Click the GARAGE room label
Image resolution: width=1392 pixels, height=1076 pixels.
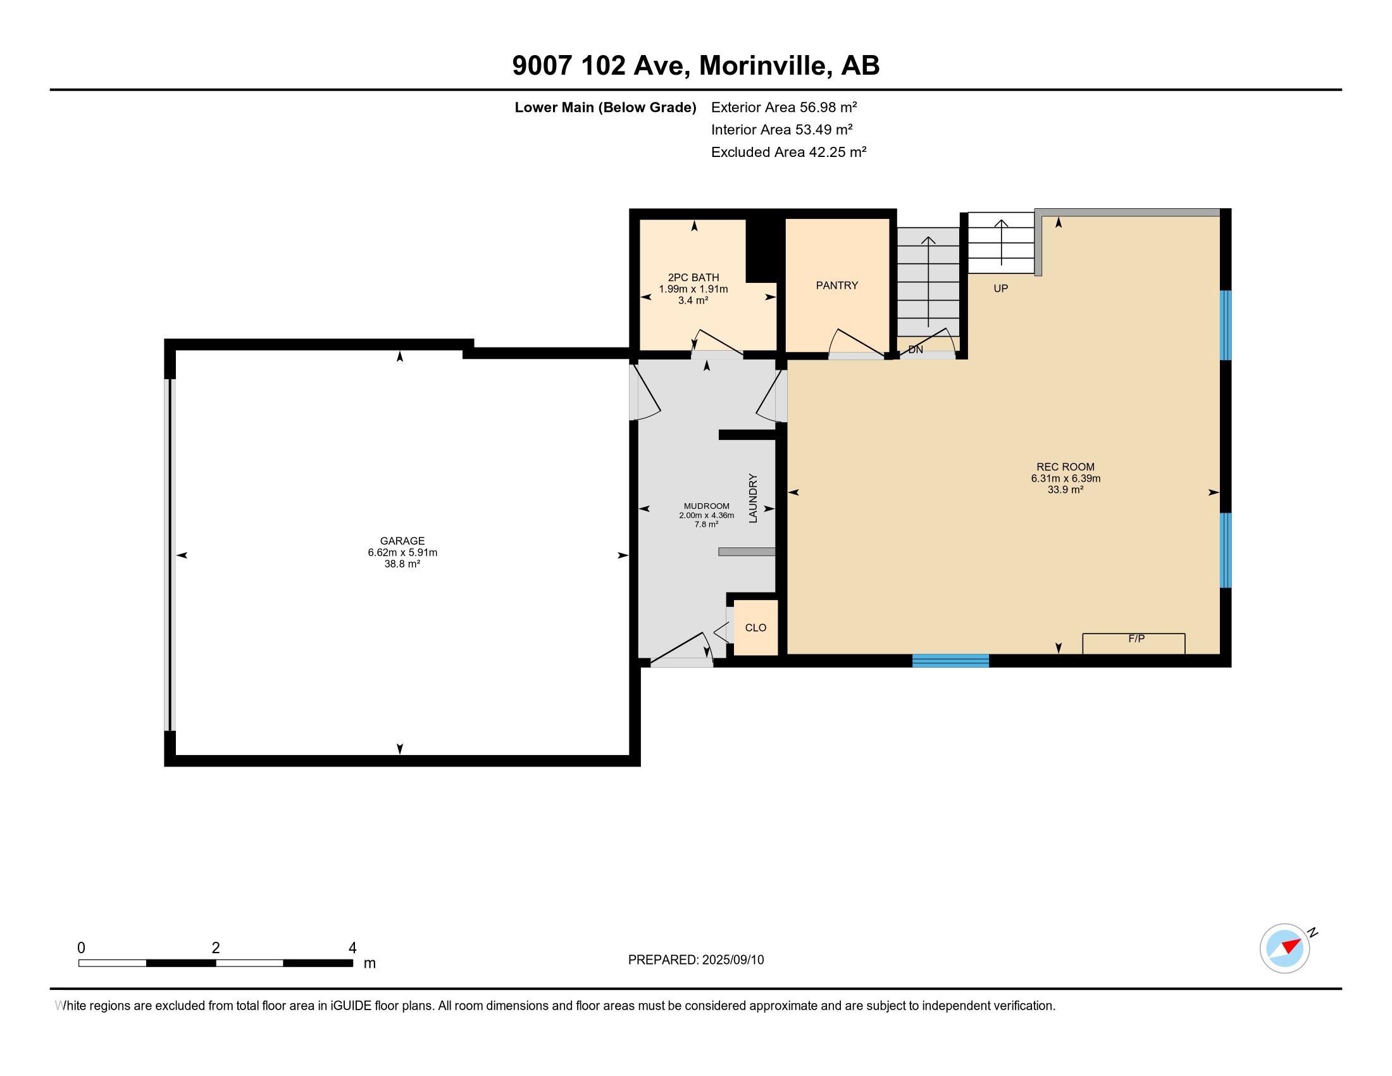[402, 541]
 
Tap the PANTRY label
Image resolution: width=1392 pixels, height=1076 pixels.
[837, 285]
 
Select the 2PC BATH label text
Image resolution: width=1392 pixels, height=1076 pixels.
[693, 277]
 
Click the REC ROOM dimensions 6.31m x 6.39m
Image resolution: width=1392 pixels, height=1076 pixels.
[1066, 479]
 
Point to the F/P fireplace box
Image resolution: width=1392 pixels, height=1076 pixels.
[1134, 643]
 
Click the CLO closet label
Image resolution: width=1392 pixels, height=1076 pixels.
[755, 628]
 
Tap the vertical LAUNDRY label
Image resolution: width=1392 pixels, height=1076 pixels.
[753, 498]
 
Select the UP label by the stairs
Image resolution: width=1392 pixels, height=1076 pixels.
[1001, 289]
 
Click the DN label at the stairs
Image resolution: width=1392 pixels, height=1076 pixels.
[916, 350]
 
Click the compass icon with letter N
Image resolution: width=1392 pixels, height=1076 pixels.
[1285, 949]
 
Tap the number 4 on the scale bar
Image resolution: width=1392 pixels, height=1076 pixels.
[352, 948]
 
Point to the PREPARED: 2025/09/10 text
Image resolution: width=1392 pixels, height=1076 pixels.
[695, 960]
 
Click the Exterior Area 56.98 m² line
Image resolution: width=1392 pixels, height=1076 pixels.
[783, 107]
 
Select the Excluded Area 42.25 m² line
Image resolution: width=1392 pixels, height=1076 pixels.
[788, 152]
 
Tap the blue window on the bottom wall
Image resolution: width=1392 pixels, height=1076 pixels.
[950, 660]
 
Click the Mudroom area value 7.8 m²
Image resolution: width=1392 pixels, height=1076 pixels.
[706, 525]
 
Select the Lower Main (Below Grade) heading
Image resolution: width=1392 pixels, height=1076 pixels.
[605, 107]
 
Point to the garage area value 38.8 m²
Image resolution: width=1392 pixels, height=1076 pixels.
[402, 564]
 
